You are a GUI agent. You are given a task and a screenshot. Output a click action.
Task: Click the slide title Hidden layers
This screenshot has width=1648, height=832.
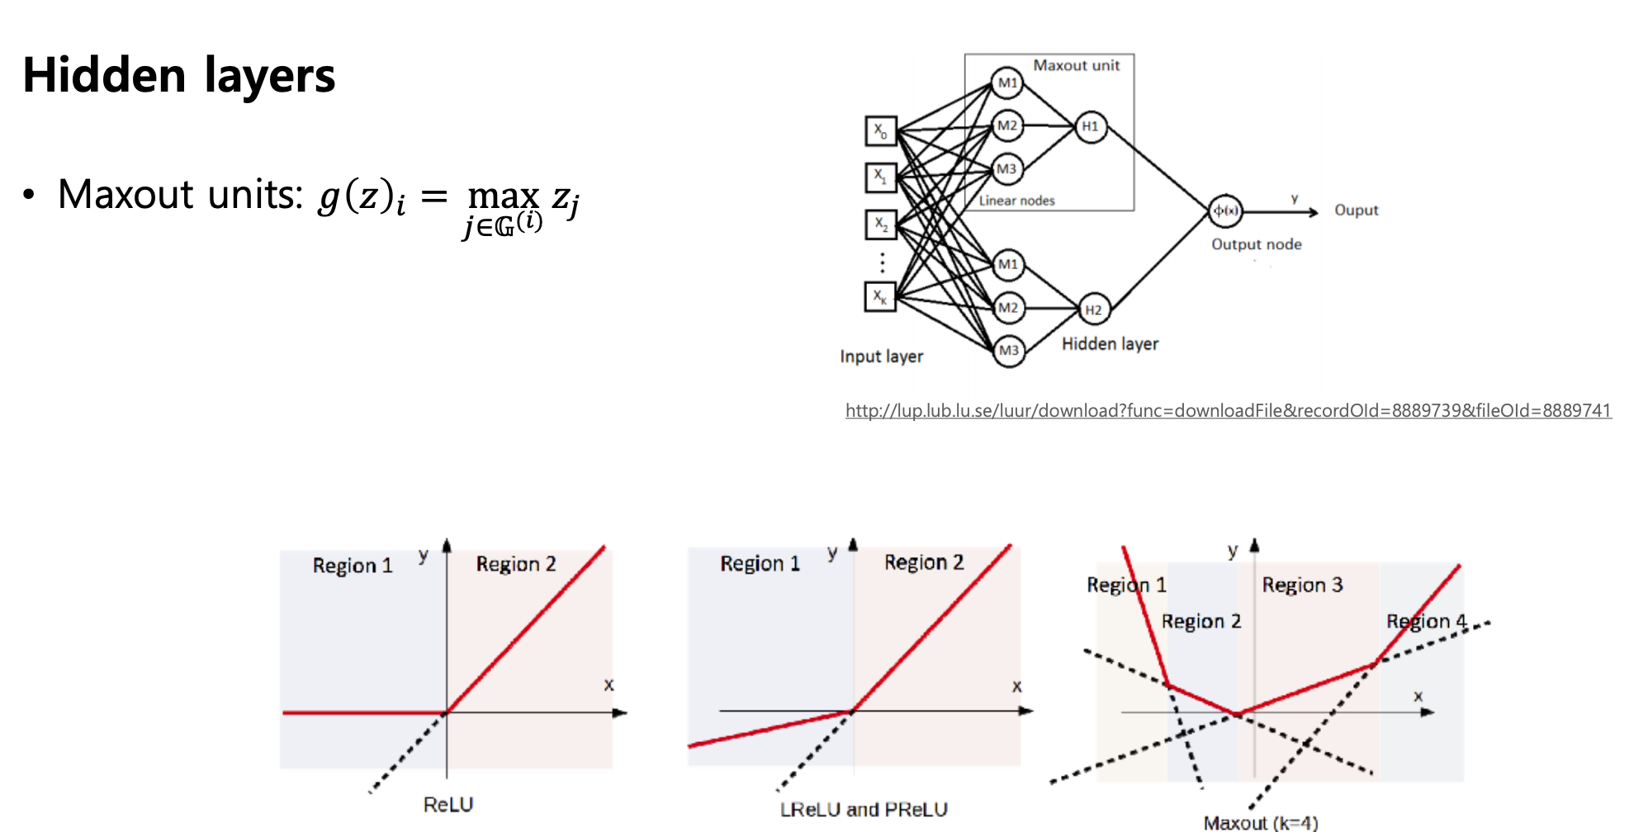pos(179,76)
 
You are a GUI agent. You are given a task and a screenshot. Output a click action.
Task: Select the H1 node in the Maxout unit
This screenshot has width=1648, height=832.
pos(1091,126)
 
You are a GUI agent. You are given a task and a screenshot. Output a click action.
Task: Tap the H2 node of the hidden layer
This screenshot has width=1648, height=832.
pos(1093,310)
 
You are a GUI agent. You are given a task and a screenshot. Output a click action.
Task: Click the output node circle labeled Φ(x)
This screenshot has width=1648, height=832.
pos(1225,211)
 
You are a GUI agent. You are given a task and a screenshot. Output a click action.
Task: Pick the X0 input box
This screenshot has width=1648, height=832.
pos(881,130)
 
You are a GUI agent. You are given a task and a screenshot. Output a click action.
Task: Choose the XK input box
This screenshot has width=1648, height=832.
pos(881,296)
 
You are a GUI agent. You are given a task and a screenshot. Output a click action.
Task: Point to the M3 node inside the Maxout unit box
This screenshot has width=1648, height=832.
pos(1006,169)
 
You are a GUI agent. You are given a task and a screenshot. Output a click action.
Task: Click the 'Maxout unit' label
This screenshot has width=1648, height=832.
pos(1077,65)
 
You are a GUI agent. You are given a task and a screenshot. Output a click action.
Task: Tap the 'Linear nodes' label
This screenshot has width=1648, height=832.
pos(1016,201)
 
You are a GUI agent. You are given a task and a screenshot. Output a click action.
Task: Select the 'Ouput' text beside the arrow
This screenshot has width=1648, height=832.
pos(1357,210)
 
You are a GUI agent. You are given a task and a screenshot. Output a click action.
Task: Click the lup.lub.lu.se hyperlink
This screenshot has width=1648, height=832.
pos(1228,410)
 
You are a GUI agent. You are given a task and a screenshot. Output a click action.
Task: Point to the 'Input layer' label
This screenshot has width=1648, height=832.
pos(881,357)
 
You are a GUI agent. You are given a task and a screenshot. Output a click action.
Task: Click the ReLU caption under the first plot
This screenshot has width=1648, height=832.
pos(448,805)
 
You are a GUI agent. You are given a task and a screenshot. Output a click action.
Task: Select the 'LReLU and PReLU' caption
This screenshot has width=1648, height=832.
pos(864,810)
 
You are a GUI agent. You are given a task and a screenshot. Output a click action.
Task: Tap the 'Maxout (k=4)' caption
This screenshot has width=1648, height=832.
pos(1261,822)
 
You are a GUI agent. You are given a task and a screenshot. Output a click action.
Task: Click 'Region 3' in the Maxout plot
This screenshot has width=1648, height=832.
pos(1302,585)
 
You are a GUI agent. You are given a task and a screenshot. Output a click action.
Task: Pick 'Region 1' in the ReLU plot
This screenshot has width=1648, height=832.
pos(353,565)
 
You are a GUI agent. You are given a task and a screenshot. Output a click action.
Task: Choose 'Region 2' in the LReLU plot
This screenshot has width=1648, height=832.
pos(924,562)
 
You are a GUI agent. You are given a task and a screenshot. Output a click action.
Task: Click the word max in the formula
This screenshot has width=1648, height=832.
pos(504,196)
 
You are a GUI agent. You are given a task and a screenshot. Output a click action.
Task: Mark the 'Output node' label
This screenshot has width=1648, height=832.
pos(1256,244)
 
